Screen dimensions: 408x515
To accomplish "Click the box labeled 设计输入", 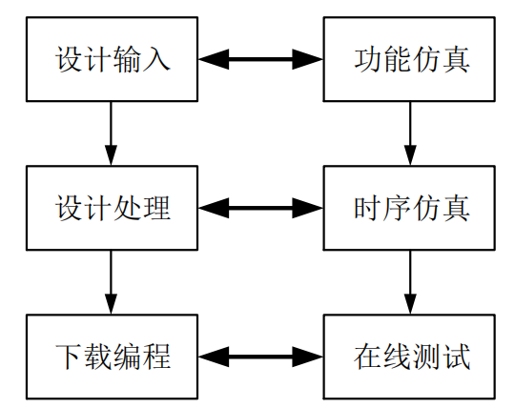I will coord(112,59).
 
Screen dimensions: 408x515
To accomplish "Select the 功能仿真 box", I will coord(410,59).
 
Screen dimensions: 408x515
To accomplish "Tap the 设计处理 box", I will coord(112,208).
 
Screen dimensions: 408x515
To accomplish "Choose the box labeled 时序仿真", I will coord(410,208).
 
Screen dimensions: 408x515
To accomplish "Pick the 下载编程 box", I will coord(112,357).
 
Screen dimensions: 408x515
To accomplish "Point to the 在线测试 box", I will coord(410,357).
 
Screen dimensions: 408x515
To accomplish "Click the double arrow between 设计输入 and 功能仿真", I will coord(260,59).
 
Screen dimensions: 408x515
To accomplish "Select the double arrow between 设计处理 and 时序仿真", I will coord(260,208).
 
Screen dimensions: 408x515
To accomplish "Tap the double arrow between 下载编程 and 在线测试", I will coord(260,357).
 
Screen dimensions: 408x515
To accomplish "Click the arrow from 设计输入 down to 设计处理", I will coord(112,133).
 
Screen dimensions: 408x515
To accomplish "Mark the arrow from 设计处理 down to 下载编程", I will coord(112,282).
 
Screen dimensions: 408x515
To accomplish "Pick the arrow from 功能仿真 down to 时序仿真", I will coord(410,133).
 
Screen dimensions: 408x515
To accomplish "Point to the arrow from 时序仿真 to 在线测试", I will coord(410,282).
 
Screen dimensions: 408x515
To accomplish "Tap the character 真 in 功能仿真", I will coord(456,59).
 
